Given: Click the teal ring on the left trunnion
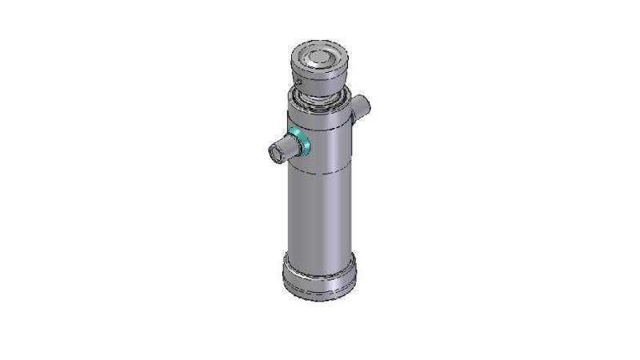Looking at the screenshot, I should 300,142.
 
